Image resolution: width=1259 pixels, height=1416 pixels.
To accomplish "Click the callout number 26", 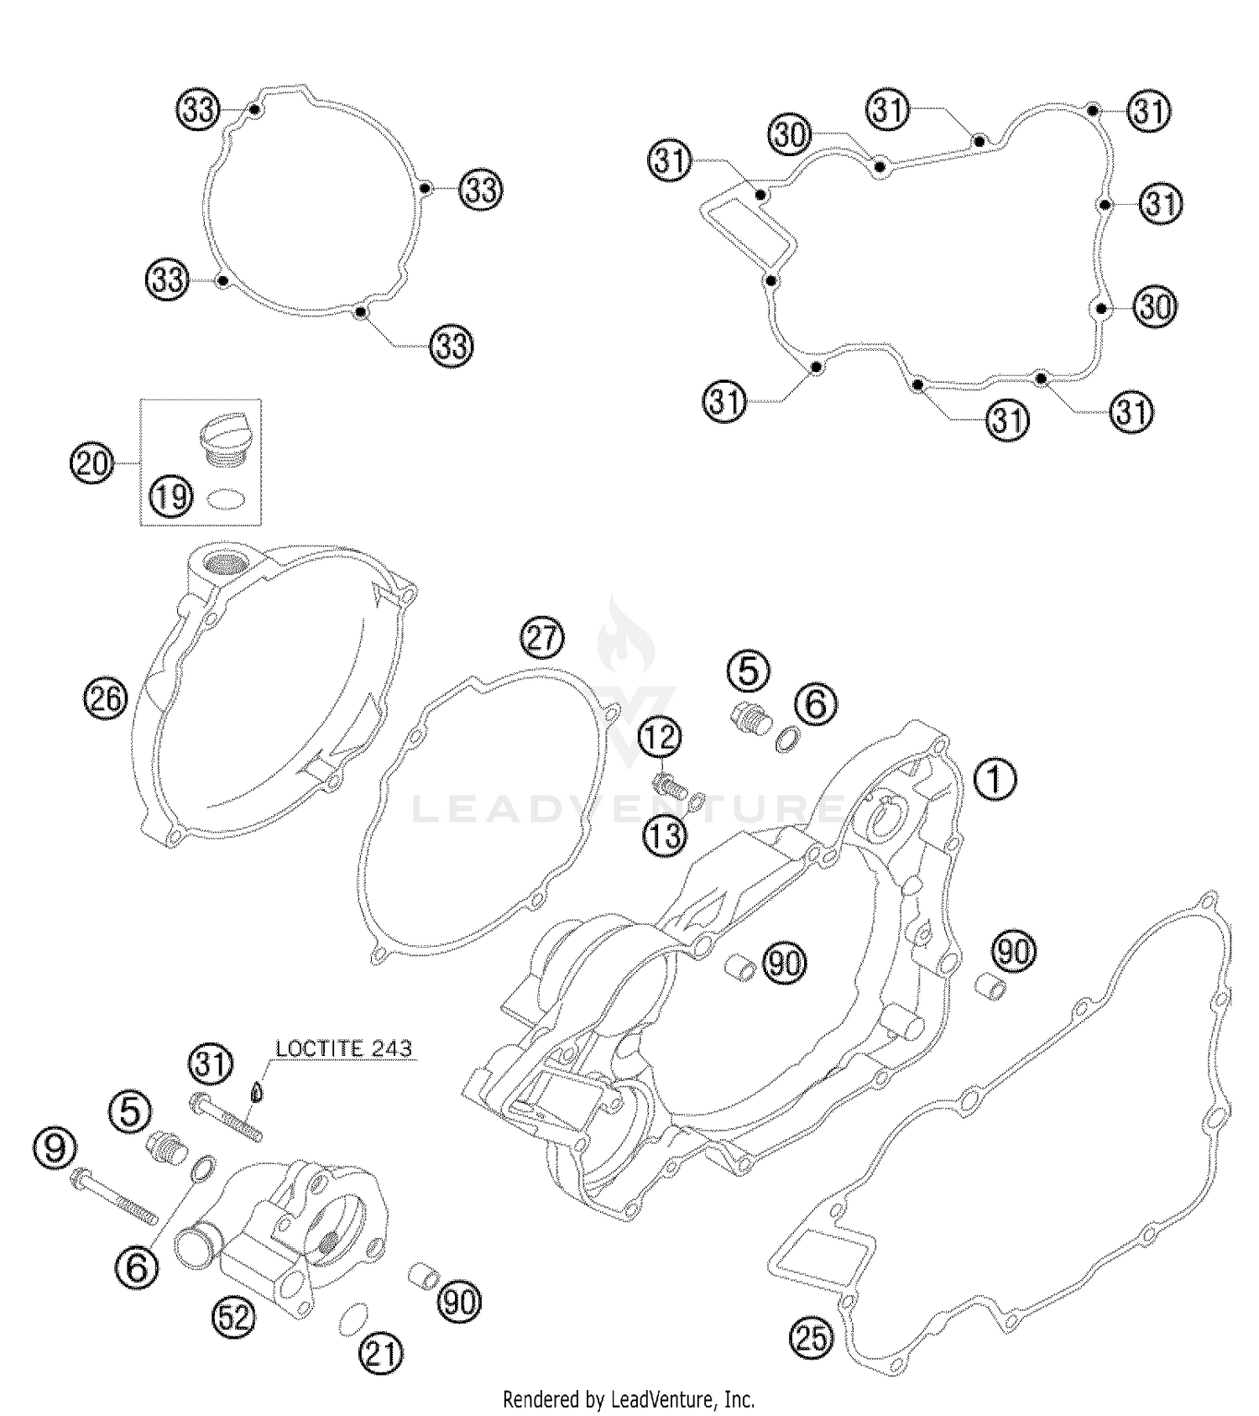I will click(105, 698).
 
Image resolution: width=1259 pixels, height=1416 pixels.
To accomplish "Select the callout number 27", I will click(542, 638).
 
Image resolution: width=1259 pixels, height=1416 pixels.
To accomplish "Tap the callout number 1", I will click(995, 779).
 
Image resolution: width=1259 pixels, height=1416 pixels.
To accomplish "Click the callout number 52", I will click(233, 1319).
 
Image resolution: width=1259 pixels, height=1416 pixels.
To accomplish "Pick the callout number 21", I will click(381, 1354).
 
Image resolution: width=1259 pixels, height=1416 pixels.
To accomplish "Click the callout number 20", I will click(91, 462).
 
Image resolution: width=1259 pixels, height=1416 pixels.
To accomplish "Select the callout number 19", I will click(171, 498).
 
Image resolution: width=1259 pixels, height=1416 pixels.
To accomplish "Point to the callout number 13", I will click(664, 836).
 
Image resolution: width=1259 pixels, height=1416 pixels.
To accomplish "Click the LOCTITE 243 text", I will click(344, 1048).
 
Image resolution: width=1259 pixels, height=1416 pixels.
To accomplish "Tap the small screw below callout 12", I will click(670, 787).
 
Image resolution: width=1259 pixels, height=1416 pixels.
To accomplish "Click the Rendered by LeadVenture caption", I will click(628, 1399).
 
